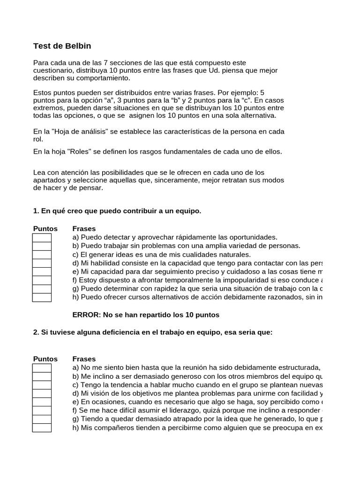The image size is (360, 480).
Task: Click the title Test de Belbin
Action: [62, 46]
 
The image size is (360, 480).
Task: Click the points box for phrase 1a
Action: [42, 238]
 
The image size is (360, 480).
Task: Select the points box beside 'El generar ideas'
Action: [42, 255]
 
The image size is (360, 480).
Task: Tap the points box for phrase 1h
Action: [42, 297]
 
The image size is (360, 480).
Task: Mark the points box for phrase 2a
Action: [42, 368]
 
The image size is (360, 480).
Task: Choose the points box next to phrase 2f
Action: [42, 411]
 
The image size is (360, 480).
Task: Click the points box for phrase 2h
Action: [42, 427]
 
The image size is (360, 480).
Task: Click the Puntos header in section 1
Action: [45, 229]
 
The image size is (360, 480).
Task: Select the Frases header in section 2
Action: [84, 359]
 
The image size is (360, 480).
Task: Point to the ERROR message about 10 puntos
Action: [146, 315]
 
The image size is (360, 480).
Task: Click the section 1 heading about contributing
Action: [117, 211]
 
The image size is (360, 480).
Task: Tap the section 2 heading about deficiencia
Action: [152, 332]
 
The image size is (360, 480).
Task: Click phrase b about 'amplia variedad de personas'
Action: [186, 246]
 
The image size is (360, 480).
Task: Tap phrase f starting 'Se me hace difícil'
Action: [197, 411]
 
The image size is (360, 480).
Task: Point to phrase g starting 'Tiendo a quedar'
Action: [197, 419]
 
